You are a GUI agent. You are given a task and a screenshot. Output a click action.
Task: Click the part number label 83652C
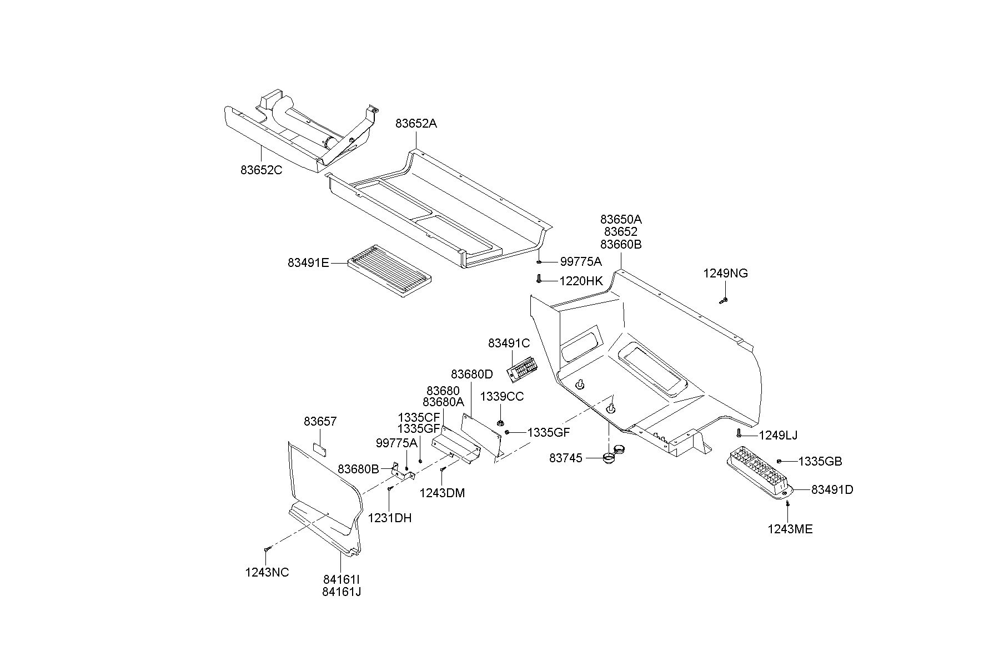(261, 170)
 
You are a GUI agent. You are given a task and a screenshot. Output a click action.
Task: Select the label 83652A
(416, 124)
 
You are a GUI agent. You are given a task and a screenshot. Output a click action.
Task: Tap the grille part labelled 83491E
(389, 271)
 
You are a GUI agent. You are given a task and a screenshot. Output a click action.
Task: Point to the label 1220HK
(580, 281)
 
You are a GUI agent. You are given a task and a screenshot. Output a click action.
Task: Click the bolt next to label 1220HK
(539, 279)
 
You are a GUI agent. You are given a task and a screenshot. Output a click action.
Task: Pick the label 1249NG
(725, 274)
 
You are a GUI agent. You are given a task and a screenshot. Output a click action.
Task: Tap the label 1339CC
(501, 397)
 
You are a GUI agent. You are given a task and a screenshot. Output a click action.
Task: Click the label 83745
(566, 458)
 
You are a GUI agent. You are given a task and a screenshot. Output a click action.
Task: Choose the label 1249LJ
(778, 436)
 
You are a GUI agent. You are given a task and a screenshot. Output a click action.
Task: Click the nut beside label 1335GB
(780, 461)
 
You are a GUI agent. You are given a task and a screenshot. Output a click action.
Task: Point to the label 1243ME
(790, 529)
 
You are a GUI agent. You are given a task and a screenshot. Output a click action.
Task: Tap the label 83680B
(358, 469)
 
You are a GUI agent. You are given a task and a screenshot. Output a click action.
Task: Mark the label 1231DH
(390, 518)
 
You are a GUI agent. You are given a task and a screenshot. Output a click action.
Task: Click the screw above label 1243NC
(267, 548)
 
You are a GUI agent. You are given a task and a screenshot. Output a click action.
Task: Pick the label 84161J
(342, 592)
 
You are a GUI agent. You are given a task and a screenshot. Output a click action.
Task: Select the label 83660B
(621, 245)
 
